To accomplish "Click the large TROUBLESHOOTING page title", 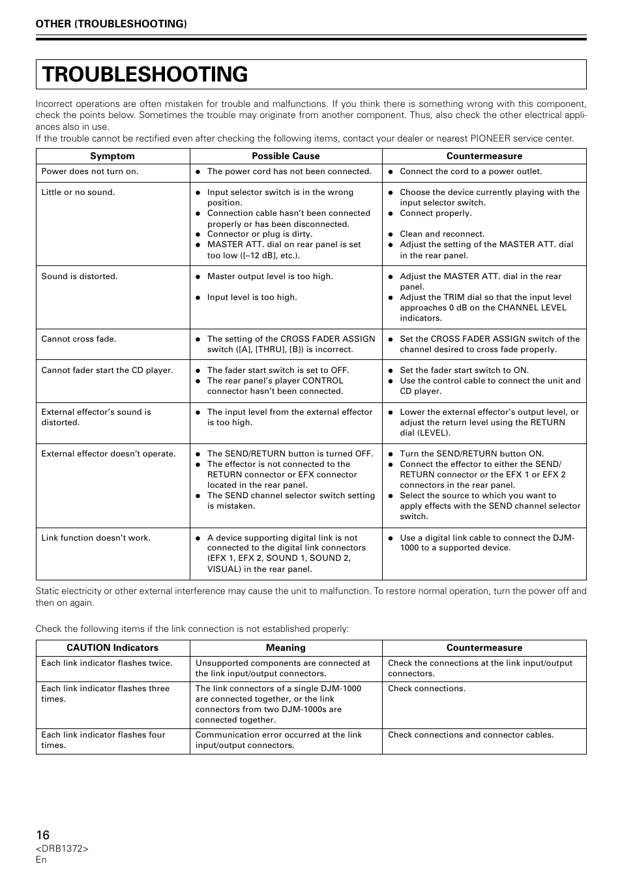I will click(x=145, y=74).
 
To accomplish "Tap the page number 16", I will click(x=42, y=835).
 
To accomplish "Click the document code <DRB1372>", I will click(x=62, y=848).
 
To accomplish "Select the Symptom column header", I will click(x=112, y=156).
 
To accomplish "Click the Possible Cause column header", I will click(x=286, y=156).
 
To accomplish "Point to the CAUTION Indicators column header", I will click(x=112, y=648).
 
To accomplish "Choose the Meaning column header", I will click(x=286, y=648).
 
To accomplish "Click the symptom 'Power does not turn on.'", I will click(x=90, y=172).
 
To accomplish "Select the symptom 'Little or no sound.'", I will click(x=78, y=192).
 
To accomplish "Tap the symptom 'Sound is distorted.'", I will click(x=80, y=276).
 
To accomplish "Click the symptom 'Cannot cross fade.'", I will click(x=78, y=339).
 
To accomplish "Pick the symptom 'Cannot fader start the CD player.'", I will click(x=107, y=370).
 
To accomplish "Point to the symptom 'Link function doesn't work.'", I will click(x=96, y=538).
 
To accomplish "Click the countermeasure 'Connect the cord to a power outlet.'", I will click(x=470, y=172).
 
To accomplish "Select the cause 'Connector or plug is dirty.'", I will click(x=259, y=234).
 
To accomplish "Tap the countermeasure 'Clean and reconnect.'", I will click(x=442, y=234).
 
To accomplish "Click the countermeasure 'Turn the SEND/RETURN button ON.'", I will click(x=471, y=454).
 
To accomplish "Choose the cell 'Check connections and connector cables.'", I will click(x=471, y=735).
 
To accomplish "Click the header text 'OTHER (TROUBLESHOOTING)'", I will click(x=111, y=24).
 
